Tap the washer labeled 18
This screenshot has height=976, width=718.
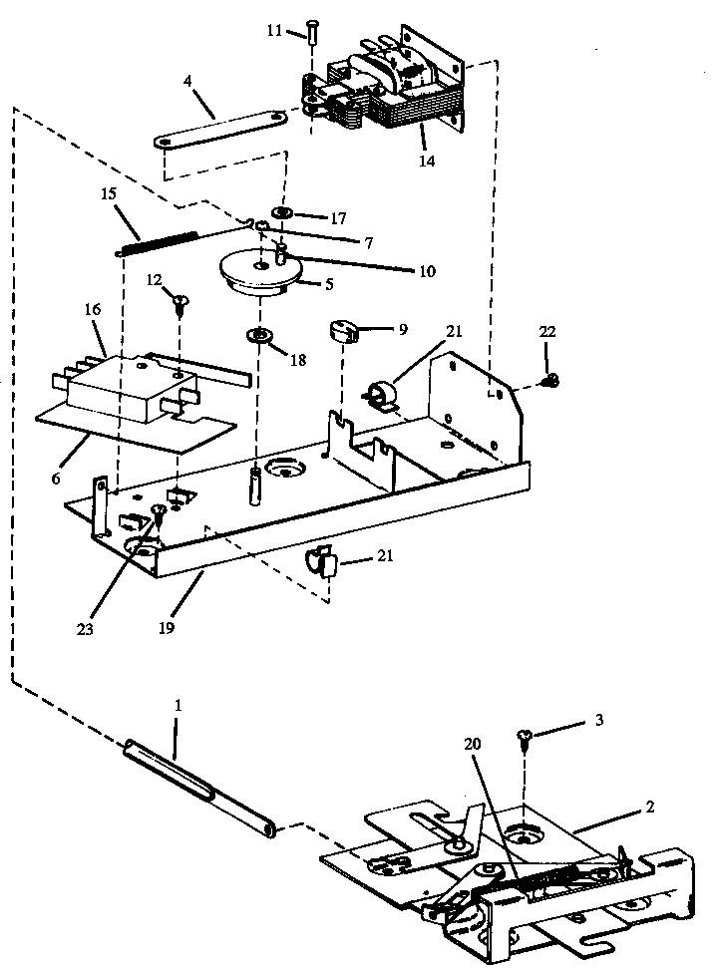(x=261, y=335)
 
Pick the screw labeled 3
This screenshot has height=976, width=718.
(x=524, y=739)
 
